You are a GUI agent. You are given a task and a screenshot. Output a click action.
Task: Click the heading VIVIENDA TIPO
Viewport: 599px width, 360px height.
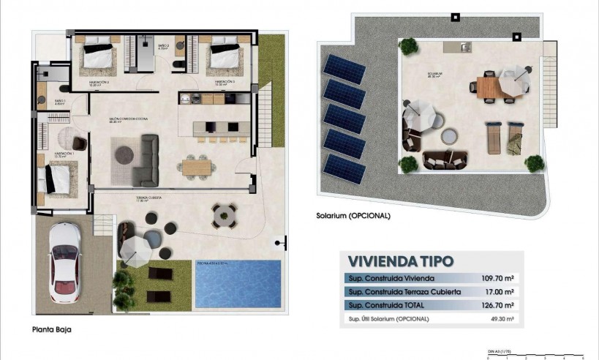click(x=400, y=260)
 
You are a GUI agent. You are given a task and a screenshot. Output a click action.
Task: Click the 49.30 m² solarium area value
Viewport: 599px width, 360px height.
click(x=500, y=319)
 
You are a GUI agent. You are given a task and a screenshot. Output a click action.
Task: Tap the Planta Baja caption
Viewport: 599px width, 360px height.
click(x=51, y=329)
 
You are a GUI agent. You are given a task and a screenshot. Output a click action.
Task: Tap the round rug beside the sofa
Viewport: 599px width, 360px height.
click(x=123, y=154)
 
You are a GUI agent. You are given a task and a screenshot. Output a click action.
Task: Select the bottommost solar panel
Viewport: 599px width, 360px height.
click(x=344, y=168)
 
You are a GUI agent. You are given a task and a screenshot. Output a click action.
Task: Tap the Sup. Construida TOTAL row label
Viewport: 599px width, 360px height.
click(x=382, y=305)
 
